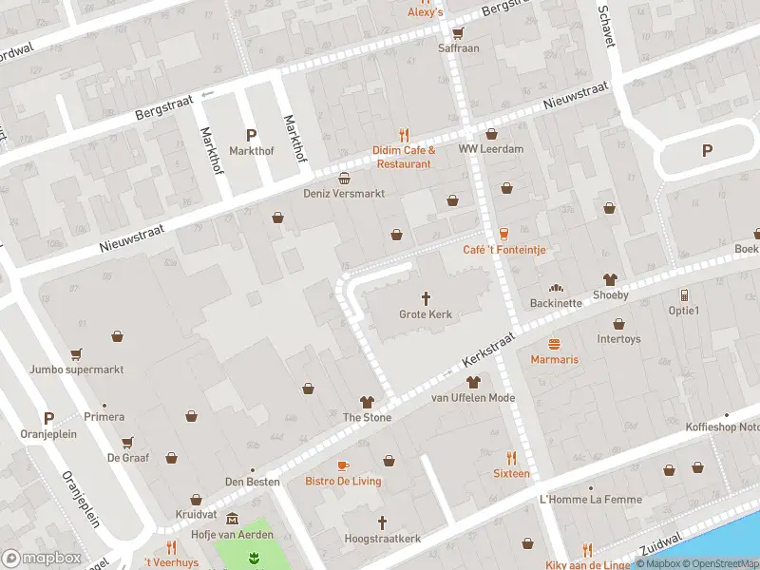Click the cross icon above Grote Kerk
tap(426, 296)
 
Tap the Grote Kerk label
tap(426, 314)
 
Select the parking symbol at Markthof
tap(251, 135)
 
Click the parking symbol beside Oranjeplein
tap(48, 418)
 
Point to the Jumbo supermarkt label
tap(76, 370)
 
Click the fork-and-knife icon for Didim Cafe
tap(404, 134)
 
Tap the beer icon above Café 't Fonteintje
tap(503, 233)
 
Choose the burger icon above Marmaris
tap(555, 343)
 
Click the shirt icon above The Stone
tap(367, 401)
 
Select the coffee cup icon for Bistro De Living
tap(343, 465)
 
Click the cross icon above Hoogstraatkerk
tap(382, 522)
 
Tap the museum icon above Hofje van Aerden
tap(232, 519)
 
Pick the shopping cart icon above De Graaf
tap(126, 442)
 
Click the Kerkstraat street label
tap(488, 351)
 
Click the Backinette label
tap(555, 303)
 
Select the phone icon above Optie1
tap(683, 294)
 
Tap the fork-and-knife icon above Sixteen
tap(511, 457)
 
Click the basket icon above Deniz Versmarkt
tap(344, 177)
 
